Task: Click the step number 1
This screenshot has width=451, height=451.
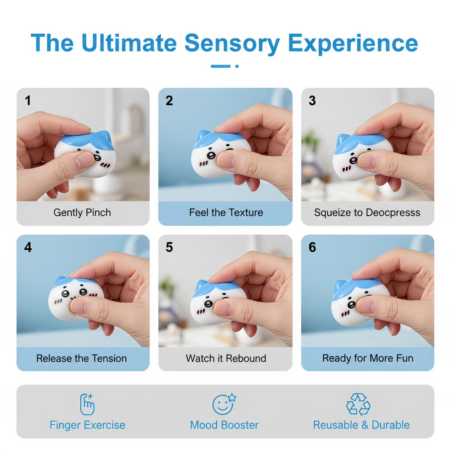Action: [28, 100]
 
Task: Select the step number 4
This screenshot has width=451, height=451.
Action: [28, 247]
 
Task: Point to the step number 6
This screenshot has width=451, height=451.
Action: [312, 247]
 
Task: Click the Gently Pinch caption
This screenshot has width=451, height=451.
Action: [82, 213]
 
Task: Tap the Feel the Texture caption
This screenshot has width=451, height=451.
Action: [226, 213]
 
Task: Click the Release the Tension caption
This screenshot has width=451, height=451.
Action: [81, 358]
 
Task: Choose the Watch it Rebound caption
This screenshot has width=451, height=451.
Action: [226, 358]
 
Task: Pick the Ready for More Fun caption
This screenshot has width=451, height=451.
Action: [368, 358]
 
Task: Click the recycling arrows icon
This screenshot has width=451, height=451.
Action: [358, 404]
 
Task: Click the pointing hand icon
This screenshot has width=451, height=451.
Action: [87, 404]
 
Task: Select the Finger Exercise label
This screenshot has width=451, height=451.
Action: [87, 425]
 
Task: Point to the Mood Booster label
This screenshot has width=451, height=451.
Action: [224, 425]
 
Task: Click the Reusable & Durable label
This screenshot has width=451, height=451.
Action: [361, 425]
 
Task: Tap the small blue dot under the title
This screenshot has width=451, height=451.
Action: [237, 66]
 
